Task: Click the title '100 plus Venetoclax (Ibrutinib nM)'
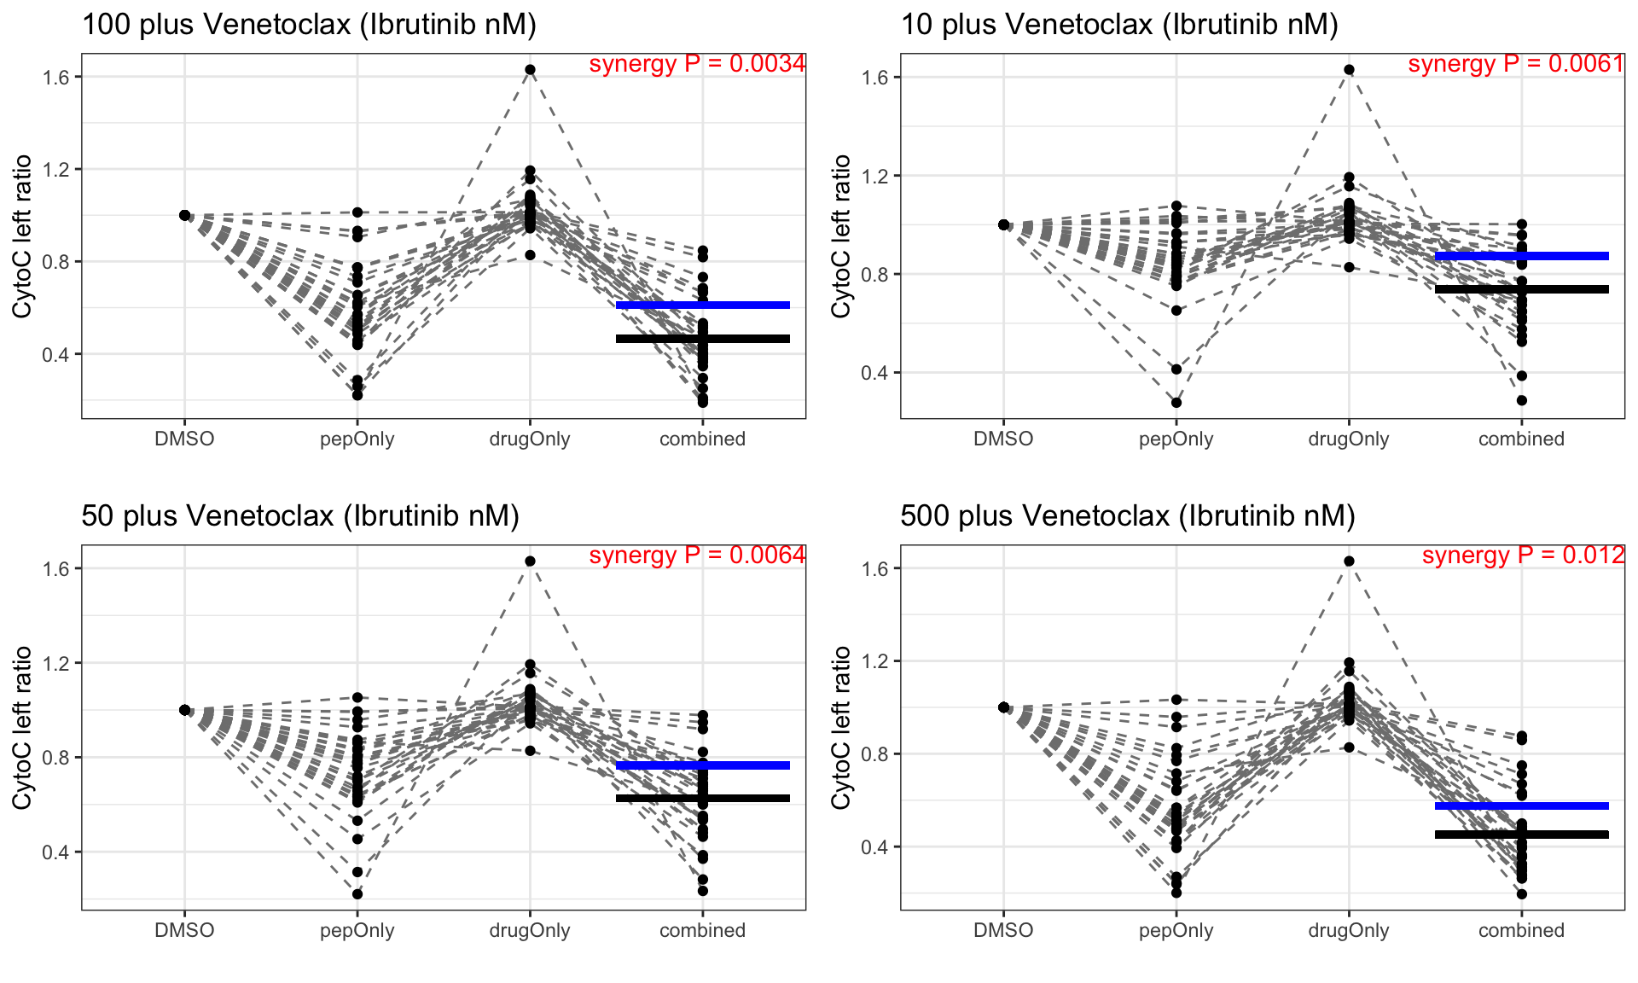point(309,25)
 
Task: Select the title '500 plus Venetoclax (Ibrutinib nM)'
point(1128,516)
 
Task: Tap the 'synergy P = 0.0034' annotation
point(697,64)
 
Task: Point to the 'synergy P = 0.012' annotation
point(1523,555)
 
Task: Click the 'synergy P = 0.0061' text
point(1516,64)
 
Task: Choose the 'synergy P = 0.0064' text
point(697,555)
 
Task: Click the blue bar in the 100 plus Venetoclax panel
point(702,305)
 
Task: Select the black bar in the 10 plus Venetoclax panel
point(1521,289)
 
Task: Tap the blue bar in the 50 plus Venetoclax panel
point(702,765)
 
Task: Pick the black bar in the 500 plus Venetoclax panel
point(1521,835)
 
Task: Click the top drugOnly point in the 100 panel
point(530,70)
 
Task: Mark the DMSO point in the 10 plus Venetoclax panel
point(1003,224)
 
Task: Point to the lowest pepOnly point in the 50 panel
point(357,894)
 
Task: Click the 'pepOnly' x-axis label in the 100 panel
point(357,439)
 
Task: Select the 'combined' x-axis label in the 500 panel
point(1521,931)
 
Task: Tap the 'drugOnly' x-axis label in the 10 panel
point(1349,439)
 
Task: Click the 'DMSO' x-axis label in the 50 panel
point(184,931)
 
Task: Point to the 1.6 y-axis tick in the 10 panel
point(875,78)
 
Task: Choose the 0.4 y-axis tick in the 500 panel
point(875,847)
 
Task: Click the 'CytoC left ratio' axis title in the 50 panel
point(22,728)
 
